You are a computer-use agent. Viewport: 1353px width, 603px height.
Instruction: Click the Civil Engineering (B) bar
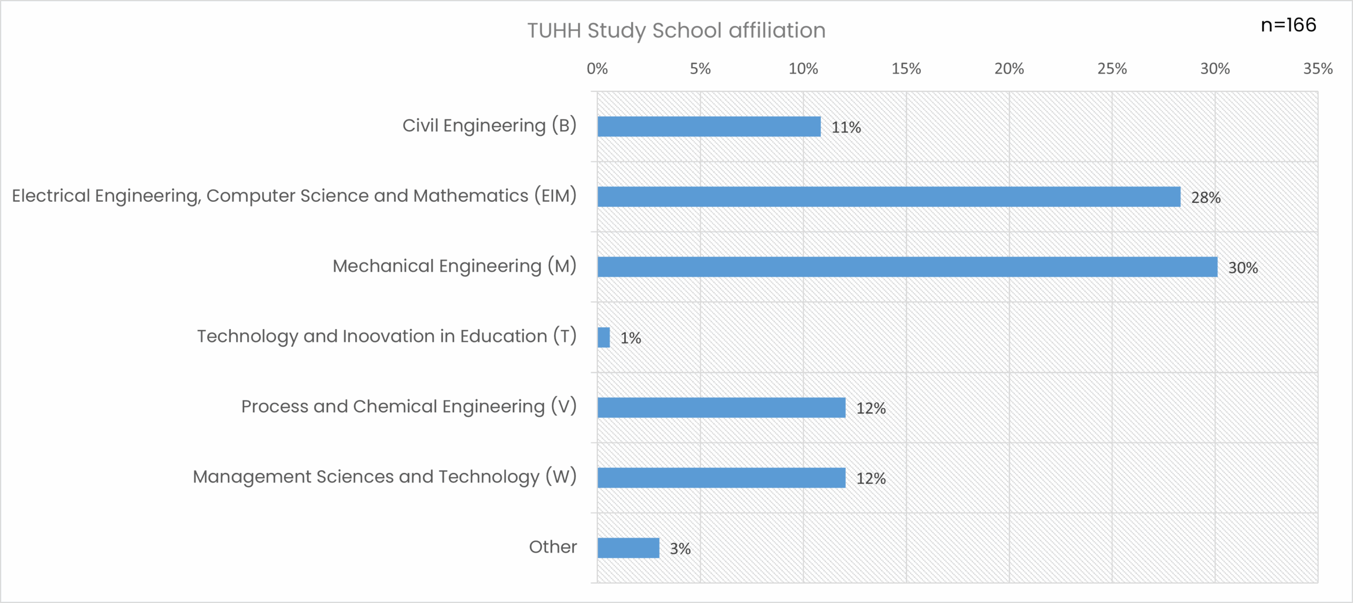[x=709, y=127]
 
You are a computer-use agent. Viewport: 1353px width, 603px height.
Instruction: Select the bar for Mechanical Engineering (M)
[x=907, y=267]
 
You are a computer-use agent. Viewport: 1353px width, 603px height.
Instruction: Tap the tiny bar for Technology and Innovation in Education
[x=604, y=337]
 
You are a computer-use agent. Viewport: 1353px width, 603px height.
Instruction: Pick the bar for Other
[x=628, y=548]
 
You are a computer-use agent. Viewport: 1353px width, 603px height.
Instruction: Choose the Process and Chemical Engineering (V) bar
[x=721, y=407]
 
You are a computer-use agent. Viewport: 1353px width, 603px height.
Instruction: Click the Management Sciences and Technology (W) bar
[x=721, y=478]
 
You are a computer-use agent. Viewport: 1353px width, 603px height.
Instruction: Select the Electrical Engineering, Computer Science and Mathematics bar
[x=888, y=197]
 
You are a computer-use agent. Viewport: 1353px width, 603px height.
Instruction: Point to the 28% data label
[x=1206, y=198]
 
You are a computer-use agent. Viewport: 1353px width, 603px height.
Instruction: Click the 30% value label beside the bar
[x=1243, y=268]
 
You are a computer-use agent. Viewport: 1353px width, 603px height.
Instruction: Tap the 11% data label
[x=846, y=127]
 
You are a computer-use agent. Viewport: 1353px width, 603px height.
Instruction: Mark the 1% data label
[x=631, y=338]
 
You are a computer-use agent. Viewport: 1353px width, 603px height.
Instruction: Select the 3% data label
[x=680, y=549]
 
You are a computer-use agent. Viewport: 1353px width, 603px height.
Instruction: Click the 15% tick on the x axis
[x=906, y=69]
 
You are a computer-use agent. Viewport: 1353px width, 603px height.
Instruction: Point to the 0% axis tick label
[x=597, y=69]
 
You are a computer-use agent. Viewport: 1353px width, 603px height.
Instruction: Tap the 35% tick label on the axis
[x=1318, y=69]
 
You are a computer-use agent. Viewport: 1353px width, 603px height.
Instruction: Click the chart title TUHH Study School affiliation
[x=676, y=31]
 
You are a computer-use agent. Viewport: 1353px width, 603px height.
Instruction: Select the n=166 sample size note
[x=1289, y=25]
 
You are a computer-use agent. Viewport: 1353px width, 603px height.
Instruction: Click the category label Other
[x=553, y=547]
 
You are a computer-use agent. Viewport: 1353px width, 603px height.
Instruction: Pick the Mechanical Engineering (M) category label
[x=455, y=266]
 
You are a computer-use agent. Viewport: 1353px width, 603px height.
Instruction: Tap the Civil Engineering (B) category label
[x=489, y=126]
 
